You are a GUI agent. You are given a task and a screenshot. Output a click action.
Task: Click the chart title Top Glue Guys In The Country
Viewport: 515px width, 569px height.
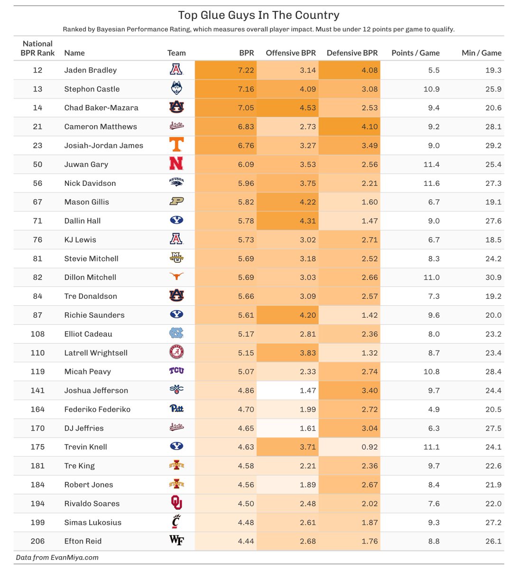[258, 15]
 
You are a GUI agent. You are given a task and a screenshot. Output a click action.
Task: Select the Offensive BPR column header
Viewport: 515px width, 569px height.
[290, 53]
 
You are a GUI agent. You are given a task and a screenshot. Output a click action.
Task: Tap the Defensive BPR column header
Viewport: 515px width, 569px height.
[352, 53]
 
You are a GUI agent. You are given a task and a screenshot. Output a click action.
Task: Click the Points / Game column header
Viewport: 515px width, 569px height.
[415, 53]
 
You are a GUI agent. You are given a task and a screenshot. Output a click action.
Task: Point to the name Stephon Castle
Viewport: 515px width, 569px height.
[92, 89]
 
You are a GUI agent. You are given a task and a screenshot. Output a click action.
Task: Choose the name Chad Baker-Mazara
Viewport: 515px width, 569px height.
[101, 108]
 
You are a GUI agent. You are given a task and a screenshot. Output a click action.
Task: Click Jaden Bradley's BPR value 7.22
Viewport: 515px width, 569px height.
[246, 70]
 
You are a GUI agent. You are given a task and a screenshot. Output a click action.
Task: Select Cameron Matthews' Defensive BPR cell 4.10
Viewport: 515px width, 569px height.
[369, 127]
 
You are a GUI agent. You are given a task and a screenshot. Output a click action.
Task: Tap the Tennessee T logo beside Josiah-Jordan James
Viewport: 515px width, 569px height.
[176, 145]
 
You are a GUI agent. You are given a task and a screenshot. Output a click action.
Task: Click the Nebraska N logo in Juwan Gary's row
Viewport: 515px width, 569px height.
[176, 164]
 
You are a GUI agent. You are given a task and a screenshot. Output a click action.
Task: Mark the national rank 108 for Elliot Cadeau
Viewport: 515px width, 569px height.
[37, 334]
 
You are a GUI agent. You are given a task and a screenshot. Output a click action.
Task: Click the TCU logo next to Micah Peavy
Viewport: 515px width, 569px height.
[176, 371]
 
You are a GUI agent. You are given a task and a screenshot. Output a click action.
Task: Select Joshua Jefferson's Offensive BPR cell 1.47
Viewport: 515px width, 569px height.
[308, 391]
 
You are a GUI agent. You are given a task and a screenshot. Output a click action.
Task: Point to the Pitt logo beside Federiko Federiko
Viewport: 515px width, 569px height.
[176, 409]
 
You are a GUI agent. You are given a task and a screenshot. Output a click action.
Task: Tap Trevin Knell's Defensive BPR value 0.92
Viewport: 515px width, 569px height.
[369, 447]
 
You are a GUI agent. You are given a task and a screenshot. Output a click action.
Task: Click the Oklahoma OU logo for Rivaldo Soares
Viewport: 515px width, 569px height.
[176, 503]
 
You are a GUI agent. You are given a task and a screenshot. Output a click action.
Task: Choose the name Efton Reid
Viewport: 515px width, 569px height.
[83, 541]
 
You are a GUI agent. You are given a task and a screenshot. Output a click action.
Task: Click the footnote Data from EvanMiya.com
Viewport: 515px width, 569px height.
[57, 558]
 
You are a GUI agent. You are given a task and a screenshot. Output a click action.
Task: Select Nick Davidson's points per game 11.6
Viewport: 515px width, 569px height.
[431, 183]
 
